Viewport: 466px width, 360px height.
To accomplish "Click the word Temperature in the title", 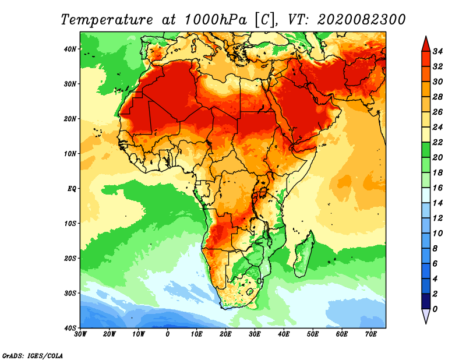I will coord(104,19).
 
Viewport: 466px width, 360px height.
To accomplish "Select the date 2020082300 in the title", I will coord(362,19).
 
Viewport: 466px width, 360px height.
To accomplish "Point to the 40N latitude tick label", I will coord(70,49).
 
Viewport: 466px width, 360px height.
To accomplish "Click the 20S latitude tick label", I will coord(70,258).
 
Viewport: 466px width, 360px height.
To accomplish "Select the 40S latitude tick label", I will coord(70,327).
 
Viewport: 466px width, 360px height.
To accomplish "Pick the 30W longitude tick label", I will coord(80,334).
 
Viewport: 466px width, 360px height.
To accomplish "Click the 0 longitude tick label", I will coord(168,334).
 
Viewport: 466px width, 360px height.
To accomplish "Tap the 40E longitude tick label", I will coord(284,334).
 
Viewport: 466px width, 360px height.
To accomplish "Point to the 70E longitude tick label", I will coord(371,334).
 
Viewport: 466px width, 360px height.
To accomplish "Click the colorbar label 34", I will coord(438,51).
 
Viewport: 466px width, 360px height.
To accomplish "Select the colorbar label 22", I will coord(438,142).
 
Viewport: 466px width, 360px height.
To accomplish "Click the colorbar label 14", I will coord(438,203).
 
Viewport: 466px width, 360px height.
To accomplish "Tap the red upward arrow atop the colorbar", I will coord(425,43).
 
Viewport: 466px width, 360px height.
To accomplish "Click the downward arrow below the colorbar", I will coord(425,316).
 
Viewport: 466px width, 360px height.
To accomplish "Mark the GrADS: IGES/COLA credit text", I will coord(33,355).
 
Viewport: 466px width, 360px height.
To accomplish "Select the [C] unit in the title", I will coord(263,19).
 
